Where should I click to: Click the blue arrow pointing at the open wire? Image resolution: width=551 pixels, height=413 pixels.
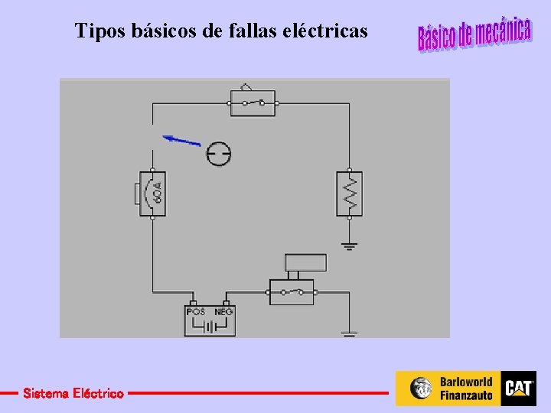point(181,140)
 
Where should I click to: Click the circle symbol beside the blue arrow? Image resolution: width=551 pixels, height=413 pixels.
point(219,154)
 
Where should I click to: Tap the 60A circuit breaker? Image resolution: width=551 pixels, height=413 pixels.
point(152,194)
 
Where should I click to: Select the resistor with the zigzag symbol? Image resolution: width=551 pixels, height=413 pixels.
point(349,193)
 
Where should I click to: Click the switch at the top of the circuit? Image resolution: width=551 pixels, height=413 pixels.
point(253,102)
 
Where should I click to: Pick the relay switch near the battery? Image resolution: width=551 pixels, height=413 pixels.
point(292,291)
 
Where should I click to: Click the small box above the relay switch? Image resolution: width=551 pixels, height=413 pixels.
point(305,263)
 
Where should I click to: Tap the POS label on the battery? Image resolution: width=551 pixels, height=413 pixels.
point(196,312)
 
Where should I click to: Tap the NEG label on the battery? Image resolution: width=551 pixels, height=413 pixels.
point(223,312)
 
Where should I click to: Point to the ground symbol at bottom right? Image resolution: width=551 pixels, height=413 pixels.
point(350,334)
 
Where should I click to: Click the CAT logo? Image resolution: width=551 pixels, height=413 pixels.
point(518,389)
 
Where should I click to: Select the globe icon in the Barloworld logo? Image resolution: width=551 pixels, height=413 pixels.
point(421,389)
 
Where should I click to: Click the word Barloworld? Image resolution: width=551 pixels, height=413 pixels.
point(465,382)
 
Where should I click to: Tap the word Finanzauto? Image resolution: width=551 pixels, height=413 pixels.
point(465,395)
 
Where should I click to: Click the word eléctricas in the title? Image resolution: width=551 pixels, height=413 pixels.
point(325,31)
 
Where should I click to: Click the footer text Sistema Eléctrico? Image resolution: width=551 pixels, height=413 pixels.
point(73,394)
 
